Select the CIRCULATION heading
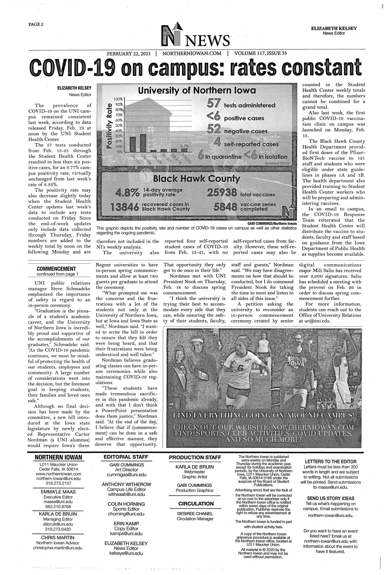[x=196, y=504]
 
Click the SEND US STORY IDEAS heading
[x=331, y=498]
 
